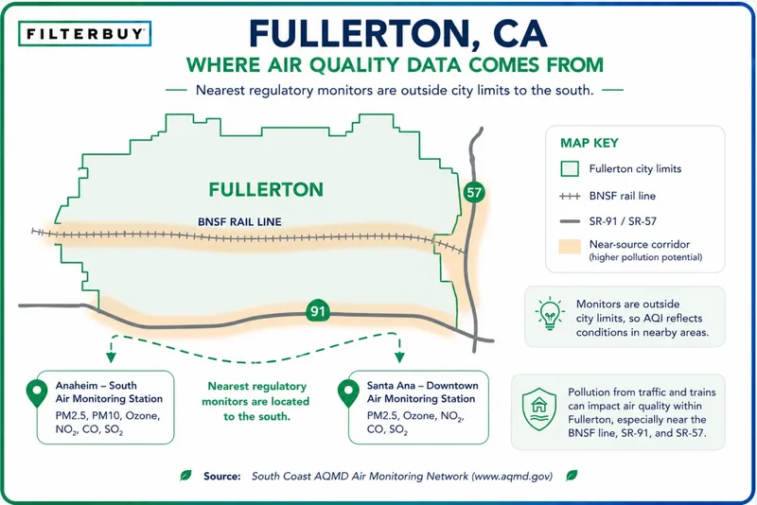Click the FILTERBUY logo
(x=84, y=34)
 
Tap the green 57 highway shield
(x=474, y=193)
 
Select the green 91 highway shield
(x=318, y=311)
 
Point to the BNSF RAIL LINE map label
(x=239, y=222)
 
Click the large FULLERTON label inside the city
(x=266, y=189)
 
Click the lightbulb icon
(x=550, y=314)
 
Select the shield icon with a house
(x=539, y=409)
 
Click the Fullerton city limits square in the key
(x=570, y=169)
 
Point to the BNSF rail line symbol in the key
(x=570, y=197)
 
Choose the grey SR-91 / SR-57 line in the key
(x=570, y=221)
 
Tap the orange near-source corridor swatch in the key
(x=570, y=246)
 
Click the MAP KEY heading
(x=589, y=143)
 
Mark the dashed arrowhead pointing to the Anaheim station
(x=111, y=357)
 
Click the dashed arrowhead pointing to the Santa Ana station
(x=399, y=357)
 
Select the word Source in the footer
(x=222, y=476)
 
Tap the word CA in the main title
(x=519, y=34)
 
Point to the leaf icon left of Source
(x=185, y=476)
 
